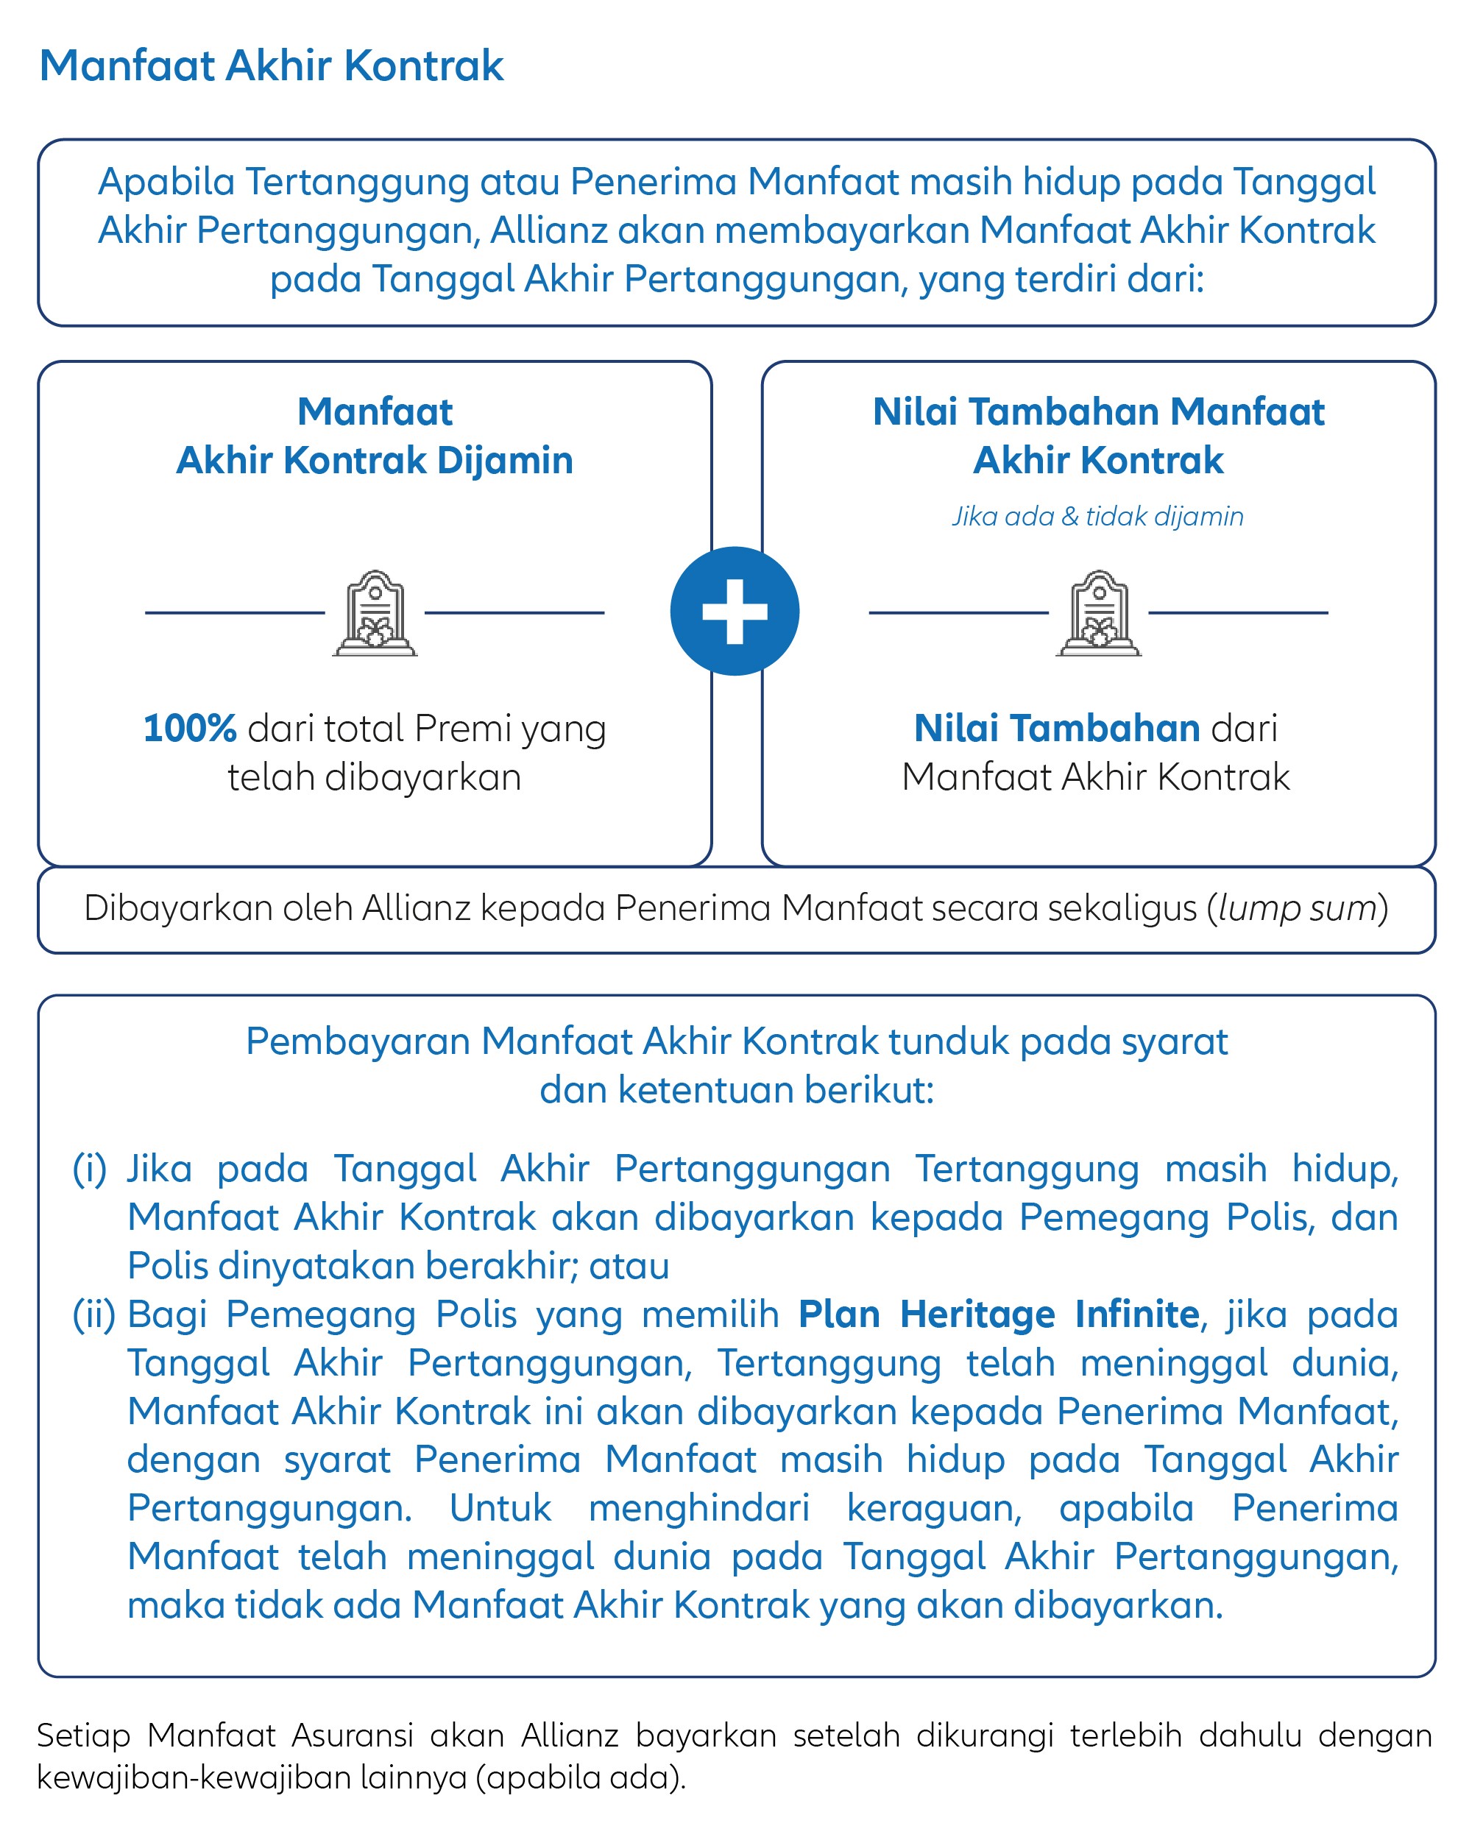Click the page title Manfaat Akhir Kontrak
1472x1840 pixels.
(272, 66)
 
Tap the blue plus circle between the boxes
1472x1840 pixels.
(735, 611)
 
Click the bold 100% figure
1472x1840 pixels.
(189, 728)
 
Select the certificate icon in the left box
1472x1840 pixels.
(375, 613)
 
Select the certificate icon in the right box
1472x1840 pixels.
(1098, 613)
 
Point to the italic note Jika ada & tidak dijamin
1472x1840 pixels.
(1097, 517)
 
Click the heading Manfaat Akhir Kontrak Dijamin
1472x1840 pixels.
(375, 436)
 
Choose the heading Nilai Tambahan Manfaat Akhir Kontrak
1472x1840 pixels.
(1098, 436)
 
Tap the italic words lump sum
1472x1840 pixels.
(1297, 908)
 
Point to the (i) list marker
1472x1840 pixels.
(90, 1170)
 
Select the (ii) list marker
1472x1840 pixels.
(94, 1314)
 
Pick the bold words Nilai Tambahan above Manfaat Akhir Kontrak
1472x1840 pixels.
(1056, 728)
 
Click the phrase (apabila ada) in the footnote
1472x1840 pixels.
(580, 1777)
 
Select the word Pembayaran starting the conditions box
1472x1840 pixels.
(357, 1041)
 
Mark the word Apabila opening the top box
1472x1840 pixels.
(166, 182)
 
